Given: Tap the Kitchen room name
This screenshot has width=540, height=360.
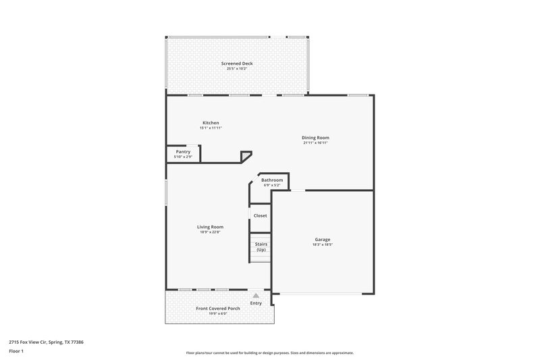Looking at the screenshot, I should click(211, 122).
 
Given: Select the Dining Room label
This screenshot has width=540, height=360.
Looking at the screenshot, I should click(316, 138).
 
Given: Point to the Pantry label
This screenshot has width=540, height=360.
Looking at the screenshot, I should click(183, 151).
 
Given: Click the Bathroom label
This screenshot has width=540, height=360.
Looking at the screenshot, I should click(272, 180).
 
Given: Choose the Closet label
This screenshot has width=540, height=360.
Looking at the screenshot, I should click(260, 215).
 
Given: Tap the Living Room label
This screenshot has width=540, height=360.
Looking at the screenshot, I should click(211, 227).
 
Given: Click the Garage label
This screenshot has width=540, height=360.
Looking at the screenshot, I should click(322, 239).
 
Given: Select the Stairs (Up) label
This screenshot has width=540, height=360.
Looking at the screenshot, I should click(261, 247).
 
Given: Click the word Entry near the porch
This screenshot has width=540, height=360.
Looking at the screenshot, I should click(256, 303).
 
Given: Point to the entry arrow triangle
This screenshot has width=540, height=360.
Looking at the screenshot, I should click(256, 295).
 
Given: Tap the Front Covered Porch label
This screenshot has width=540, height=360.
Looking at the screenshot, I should click(218, 309).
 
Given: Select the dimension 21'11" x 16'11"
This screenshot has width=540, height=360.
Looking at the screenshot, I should click(316, 143).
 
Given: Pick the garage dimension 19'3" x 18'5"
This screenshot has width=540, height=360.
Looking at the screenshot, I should click(322, 245).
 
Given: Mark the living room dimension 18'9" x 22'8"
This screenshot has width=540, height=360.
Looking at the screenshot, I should click(211, 232).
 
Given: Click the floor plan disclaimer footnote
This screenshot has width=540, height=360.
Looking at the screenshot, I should click(270, 353).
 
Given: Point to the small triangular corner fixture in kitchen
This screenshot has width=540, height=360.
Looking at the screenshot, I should click(246, 156).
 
